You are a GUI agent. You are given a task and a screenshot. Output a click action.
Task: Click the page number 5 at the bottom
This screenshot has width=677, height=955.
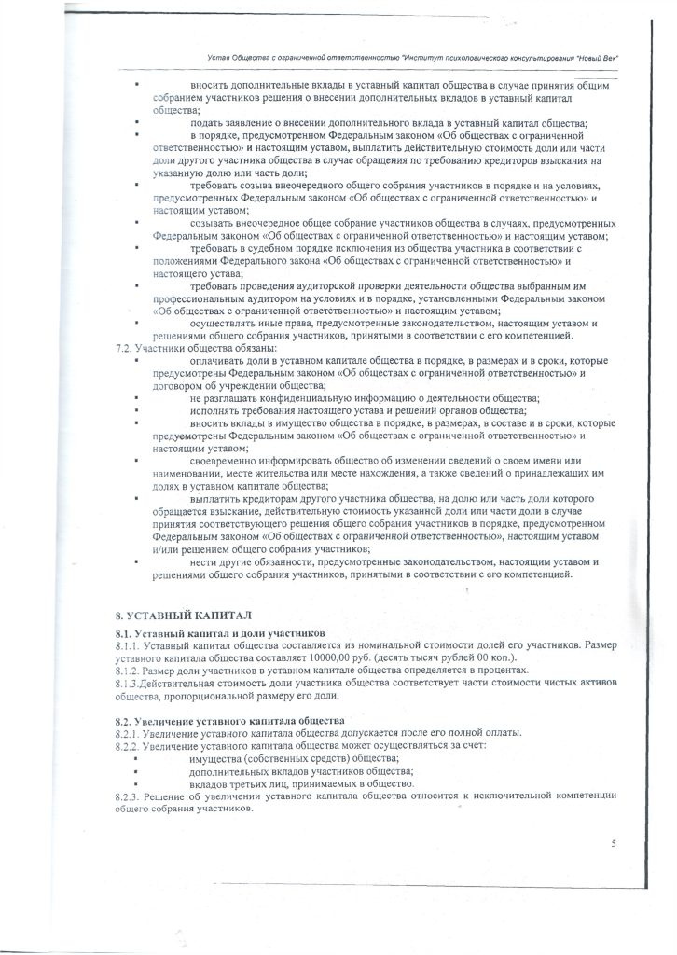click(x=614, y=843)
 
